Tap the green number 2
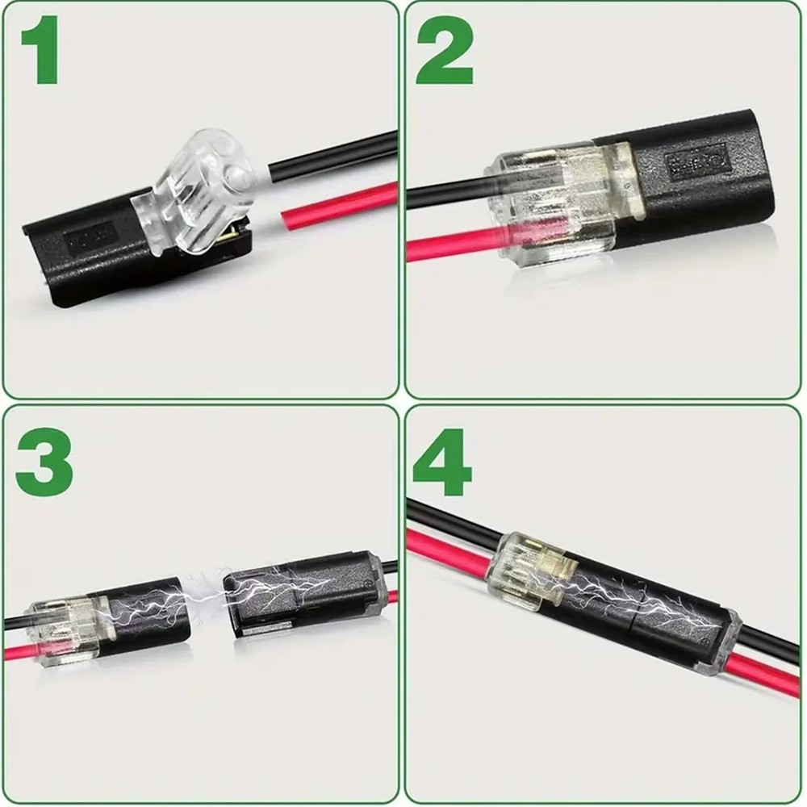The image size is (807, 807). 444,52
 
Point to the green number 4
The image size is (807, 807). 442,462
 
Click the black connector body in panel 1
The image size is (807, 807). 89,258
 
